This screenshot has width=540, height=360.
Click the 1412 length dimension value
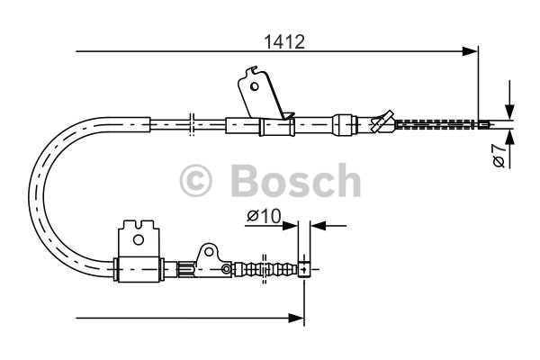(x=284, y=42)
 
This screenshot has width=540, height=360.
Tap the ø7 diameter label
(x=499, y=156)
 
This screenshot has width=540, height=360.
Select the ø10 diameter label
(x=264, y=216)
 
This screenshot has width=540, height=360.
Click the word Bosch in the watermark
(x=296, y=181)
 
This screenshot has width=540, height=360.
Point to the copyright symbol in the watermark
(x=195, y=181)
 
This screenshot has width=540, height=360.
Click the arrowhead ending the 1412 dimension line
(x=470, y=51)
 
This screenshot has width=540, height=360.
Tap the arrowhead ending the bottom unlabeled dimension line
(x=296, y=318)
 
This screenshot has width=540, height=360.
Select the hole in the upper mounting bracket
(x=254, y=85)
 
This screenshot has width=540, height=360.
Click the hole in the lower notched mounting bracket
(x=139, y=239)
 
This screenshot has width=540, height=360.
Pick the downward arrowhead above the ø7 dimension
(x=509, y=112)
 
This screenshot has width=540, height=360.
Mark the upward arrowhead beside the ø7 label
(x=509, y=137)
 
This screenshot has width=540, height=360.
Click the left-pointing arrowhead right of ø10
(x=319, y=226)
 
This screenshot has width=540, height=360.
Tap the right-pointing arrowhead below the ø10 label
(x=290, y=226)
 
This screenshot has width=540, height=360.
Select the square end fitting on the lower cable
(x=304, y=269)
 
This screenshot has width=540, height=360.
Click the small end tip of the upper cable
(x=483, y=124)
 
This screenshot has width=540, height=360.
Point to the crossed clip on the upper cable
(x=382, y=121)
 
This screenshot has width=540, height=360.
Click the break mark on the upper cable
(x=192, y=124)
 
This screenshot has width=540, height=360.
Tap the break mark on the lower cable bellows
(x=264, y=269)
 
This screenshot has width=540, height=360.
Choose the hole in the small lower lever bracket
(x=209, y=252)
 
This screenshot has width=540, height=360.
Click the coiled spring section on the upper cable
(x=435, y=124)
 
